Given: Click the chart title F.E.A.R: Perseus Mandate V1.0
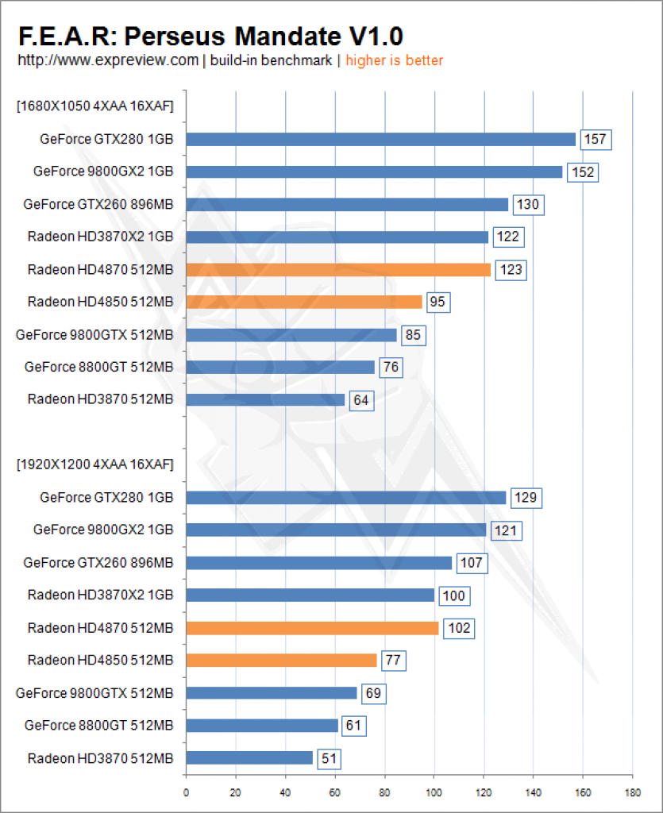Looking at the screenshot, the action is [210, 37].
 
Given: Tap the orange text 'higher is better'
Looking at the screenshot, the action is [394, 60].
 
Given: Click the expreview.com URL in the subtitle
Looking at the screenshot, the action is [108, 60].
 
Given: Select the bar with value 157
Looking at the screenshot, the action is [380, 140].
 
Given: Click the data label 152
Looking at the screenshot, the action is [583, 172].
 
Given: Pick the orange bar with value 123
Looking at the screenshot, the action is [338, 270].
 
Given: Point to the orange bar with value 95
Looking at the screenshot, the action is [304, 302].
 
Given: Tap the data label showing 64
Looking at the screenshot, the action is [361, 400].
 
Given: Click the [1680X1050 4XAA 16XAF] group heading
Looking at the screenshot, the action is [94, 106].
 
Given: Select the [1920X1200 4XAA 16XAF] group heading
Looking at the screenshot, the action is [94, 464].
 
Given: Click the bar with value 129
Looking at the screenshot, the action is [345, 498].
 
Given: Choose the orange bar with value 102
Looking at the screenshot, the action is [312, 628].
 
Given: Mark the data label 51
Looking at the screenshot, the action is [330, 758].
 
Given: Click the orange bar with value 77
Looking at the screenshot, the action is [281, 660].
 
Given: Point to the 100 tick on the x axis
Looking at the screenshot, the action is [434, 792].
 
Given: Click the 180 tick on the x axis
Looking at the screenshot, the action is [632, 792].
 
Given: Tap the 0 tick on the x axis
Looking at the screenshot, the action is [186, 792].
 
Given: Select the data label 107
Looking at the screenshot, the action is [472, 563].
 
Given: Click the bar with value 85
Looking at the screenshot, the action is [291, 335].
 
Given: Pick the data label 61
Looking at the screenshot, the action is [354, 726].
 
